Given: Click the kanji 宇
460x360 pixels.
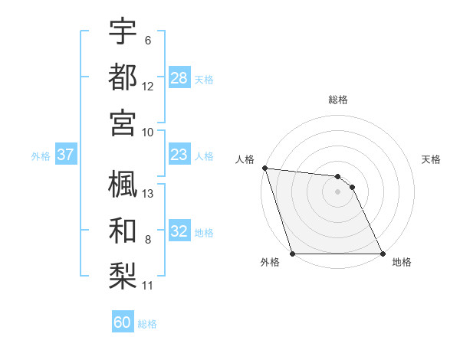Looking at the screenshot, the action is point(123,31).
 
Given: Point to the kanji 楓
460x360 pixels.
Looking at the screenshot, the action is point(123,184).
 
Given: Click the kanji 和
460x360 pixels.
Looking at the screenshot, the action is point(123,229).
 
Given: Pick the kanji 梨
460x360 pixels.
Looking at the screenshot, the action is point(123,273).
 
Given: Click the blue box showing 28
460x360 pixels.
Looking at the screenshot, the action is point(179,77).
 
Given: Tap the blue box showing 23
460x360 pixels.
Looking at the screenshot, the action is point(179,155).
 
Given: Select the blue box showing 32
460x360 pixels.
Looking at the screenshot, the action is point(179,232).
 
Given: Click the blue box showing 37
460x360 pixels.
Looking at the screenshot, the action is point(66,155).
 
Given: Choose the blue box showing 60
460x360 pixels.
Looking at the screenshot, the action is point(123,322).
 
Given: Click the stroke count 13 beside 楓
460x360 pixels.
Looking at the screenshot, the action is point(148,193).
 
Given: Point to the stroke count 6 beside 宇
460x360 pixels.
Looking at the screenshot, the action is point(147,40).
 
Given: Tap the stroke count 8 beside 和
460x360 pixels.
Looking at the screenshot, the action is point(147,240).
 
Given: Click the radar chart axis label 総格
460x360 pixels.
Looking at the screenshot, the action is point(338,100).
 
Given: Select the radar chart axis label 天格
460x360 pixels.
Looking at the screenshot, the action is point(431,159).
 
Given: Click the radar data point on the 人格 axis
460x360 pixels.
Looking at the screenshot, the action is point(264,168).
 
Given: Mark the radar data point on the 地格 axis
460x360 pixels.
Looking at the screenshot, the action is point(383,254).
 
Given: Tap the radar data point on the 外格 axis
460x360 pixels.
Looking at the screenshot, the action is point(293,254).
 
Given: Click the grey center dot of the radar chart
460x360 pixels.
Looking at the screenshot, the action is point(338,191).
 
